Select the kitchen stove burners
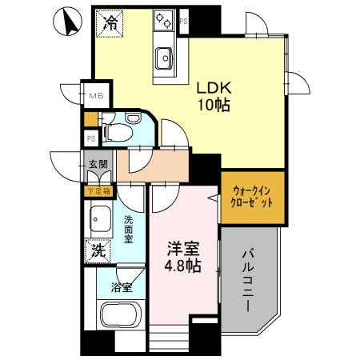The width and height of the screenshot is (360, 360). pyautogui.click(x=165, y=19)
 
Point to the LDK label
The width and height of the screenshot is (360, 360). pyautogui.click(x=210, y=88)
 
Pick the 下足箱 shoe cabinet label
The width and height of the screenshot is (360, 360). pyautogui.click(x=100, y=190)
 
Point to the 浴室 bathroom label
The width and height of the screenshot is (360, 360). pyautogui.click(x=122, y=287)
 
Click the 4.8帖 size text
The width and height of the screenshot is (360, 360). pyautogui.click(x=183, y=267)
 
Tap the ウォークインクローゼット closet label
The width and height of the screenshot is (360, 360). pyautogui.click(x=253, y=197)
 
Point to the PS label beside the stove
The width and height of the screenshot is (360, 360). pyautogui.click(x=183, y=22)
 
